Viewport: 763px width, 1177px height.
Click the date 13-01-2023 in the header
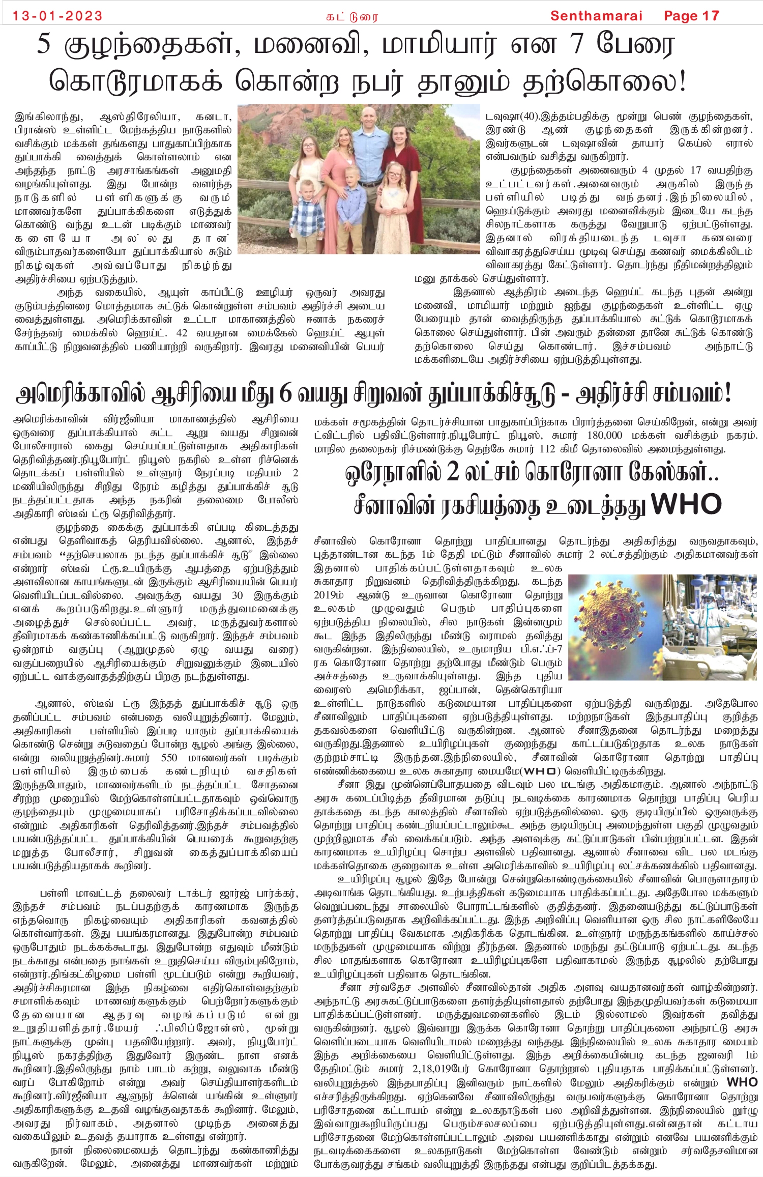tap(57, 16)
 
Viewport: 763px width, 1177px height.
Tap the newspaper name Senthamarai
tap(596, 16)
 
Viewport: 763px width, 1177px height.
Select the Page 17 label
tap(691, 16)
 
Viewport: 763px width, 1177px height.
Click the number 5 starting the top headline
tap(45, 44)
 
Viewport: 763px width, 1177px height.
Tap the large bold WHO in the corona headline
tap(686, 504)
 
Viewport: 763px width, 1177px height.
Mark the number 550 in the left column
tap(169, 758)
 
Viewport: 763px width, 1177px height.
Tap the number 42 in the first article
tap(182, 333)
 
